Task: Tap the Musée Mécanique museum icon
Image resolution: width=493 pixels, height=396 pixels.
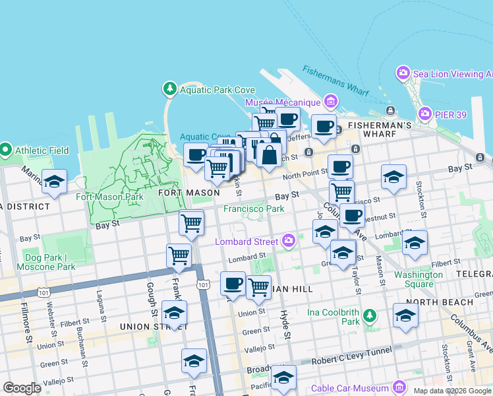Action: [x=330, y=102]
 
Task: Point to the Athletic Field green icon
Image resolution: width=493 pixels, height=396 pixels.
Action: [x=5, y=150]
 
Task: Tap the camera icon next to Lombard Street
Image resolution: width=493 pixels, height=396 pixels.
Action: [x=288, y=241]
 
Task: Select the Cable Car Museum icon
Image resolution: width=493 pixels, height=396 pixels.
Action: [x=399, y=386]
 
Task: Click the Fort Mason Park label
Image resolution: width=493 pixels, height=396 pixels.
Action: [x=109, y=197]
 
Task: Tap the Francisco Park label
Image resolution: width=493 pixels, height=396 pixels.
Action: [x=254, y=209]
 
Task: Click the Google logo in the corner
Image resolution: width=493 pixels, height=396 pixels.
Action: [x=22, y=388]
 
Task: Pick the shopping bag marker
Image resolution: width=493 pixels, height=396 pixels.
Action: [x=270, y=156]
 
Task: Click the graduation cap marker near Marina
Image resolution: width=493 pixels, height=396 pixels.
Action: [x=54, y=181]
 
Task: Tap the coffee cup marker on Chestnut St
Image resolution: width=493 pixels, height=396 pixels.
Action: [x=353, y=215]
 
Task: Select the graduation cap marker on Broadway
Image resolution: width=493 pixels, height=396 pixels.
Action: [x=284, y=377]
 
